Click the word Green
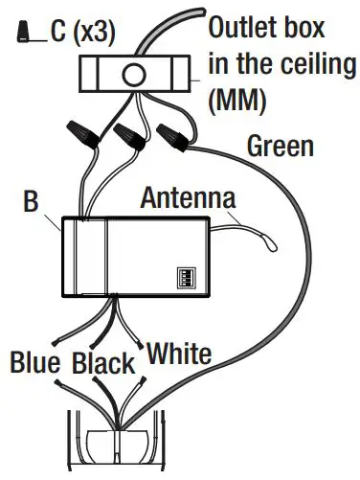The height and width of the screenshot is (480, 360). tap(280, 147)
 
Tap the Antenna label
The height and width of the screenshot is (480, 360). tap(189, 200)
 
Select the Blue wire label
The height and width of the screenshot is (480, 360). tap(36, 363)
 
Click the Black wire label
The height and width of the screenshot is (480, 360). tap(104, 364)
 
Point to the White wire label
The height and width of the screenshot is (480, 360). tap(178, 354)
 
